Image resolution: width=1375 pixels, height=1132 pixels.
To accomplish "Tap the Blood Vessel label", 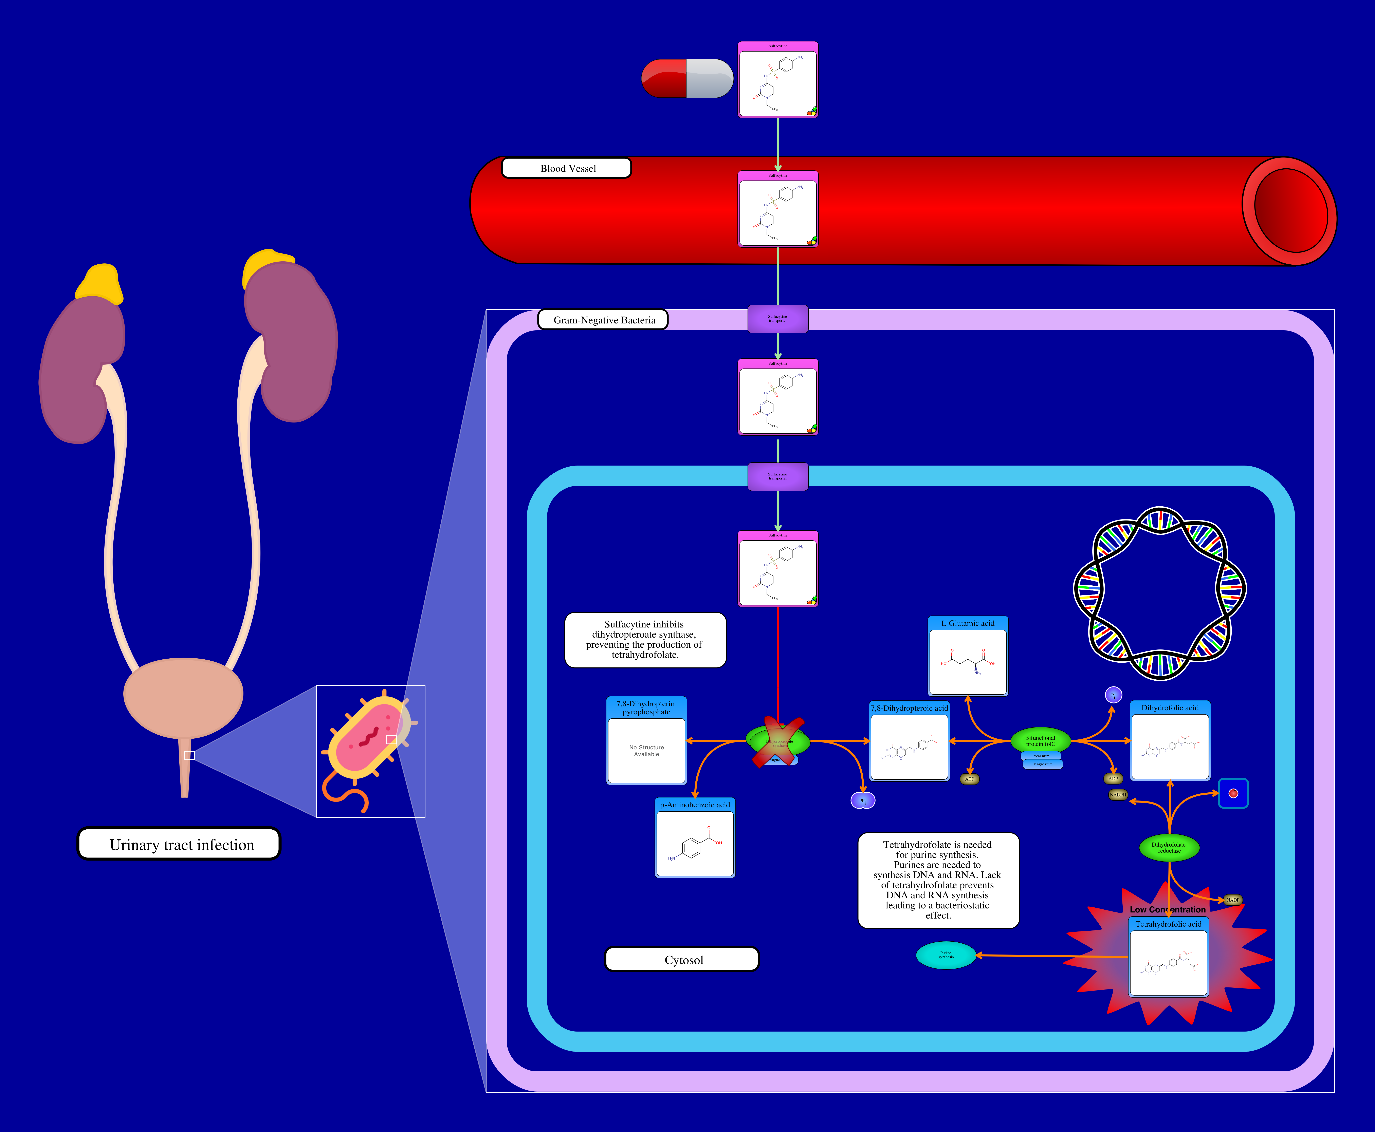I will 566,168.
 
